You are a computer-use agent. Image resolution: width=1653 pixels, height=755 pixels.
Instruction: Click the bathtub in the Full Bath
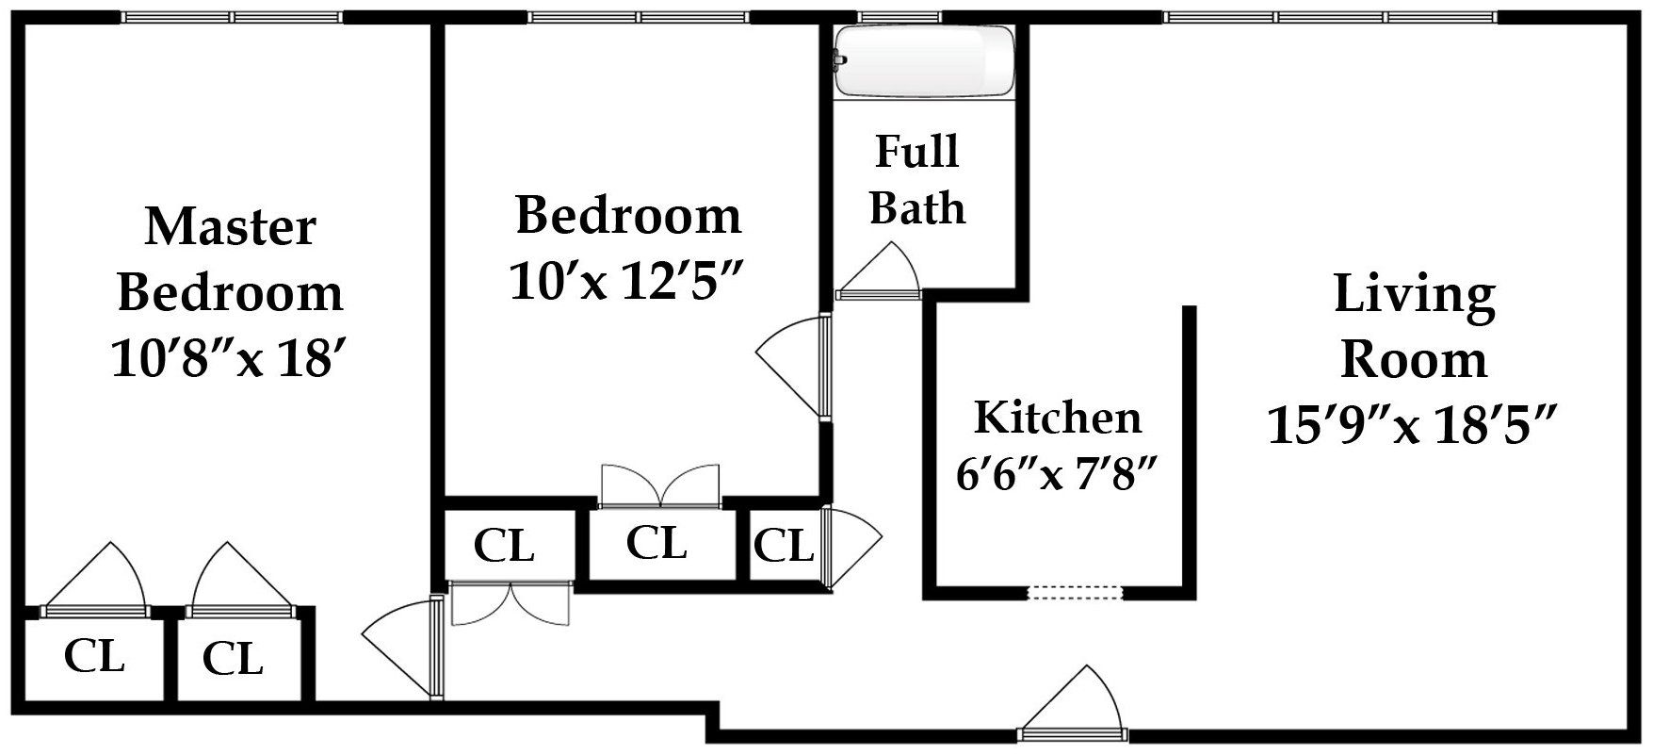pos(925,59)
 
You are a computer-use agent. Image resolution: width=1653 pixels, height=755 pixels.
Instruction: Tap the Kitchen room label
pos(1057,418)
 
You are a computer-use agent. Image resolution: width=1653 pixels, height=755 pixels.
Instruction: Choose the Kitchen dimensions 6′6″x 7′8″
pos(1056,474)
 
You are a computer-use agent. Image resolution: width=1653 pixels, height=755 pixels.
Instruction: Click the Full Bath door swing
pos(879,270)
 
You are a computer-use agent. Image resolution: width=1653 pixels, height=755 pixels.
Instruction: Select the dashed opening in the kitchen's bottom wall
pos(1075,593)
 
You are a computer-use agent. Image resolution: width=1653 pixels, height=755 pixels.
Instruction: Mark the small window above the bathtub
pos(899,17)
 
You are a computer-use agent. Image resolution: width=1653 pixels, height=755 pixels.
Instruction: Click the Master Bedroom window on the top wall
pos(232,17)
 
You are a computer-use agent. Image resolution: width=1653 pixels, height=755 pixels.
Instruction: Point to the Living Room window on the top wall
pos(1329,17)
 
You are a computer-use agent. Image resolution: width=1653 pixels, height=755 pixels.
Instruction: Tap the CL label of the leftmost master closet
pos(94,656)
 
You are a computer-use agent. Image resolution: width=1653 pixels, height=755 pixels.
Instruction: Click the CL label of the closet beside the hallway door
pos(783,546)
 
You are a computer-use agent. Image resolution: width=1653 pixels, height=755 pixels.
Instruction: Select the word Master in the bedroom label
pos(230,227)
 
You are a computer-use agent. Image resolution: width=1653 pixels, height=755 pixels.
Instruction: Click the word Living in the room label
pos(1414,295)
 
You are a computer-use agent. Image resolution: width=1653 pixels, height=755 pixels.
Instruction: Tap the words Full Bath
pos(917,180)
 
